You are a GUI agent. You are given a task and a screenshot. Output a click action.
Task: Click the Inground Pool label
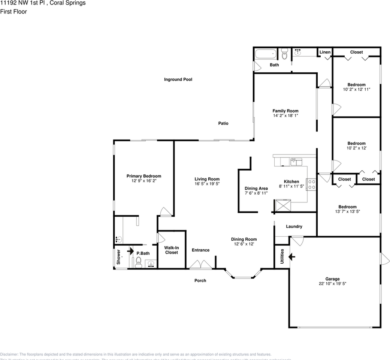tap(178, 79)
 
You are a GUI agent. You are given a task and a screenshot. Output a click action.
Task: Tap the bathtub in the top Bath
tap(266, 54)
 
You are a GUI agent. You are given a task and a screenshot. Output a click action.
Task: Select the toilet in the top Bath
tap(284, 55)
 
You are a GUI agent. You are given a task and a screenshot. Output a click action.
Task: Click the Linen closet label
tap(325, 52)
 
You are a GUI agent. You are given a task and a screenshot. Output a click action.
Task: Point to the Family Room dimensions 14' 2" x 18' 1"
tap(285, 116)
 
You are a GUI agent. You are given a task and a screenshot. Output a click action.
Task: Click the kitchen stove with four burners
tap(311, 184)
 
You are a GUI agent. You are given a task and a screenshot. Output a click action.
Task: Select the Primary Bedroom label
tap(144, 176)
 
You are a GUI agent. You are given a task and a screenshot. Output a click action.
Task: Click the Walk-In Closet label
tap(172, 250)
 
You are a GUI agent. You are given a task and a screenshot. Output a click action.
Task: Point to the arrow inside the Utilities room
tap(291, 257)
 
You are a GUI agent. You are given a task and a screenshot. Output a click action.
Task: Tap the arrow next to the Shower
tap(130, 251)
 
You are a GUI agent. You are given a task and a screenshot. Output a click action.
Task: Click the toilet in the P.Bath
tap(138, 261)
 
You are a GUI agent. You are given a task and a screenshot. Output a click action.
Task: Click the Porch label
tap(200, 280)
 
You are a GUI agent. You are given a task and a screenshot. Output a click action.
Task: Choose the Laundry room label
tap(294, 226)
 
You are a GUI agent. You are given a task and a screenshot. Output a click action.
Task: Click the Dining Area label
tap(256, 188)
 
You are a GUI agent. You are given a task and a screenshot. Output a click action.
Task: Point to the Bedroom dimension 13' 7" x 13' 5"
tap(347, 211)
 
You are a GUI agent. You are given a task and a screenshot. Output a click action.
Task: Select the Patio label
tap(223, 123)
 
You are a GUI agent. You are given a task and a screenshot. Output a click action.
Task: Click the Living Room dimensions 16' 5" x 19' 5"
tap(207, 184)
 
